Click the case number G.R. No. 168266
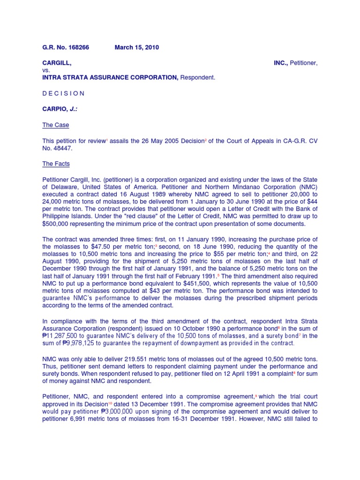pos(65,47)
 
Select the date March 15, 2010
pos(137,47)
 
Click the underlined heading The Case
pos(56,125)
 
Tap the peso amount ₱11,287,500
pos(60,336)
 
